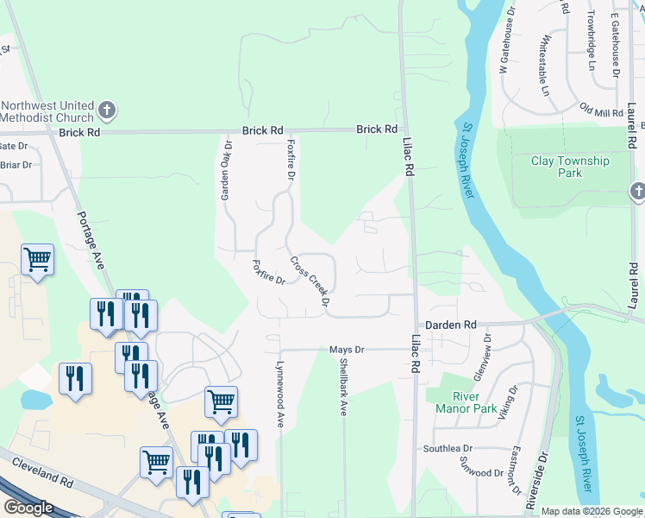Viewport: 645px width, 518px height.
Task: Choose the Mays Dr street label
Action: tap(348, 350)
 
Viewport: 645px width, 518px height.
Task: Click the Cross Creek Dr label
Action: tap(310, 281)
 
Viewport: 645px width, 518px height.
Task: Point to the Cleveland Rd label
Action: tap(43, 471)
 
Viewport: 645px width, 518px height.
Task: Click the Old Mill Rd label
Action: tap(601, 111)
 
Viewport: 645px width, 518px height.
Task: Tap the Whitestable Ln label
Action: tap(544, 66)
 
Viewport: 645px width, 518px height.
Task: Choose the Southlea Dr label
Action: tap(448, 449)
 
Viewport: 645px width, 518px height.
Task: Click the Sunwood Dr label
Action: tap(481, 473)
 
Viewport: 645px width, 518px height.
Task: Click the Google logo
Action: tap(29, 508)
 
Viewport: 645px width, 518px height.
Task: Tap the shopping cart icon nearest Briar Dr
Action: tap(38, 258)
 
